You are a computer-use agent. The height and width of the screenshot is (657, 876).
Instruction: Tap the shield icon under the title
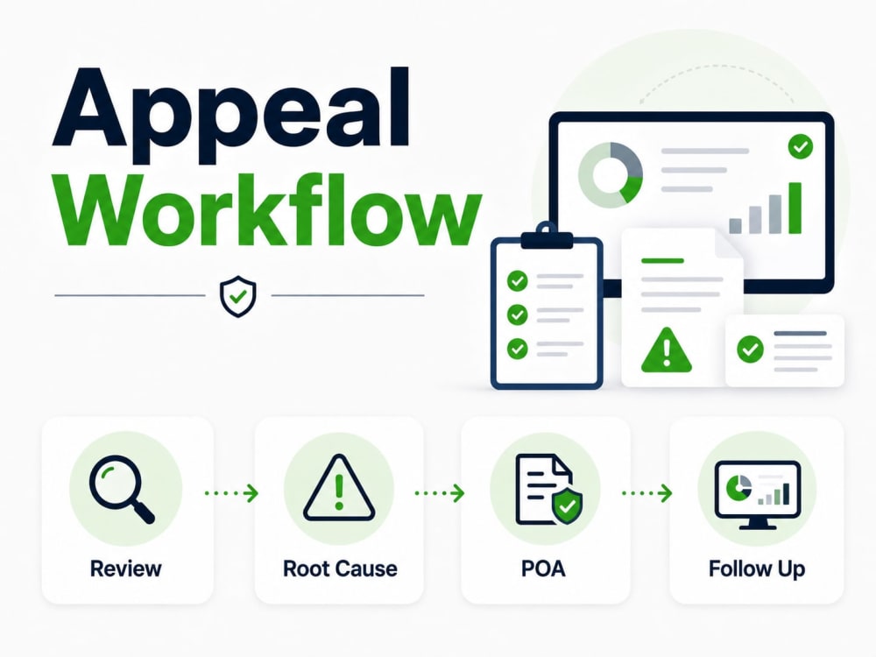[238, 296]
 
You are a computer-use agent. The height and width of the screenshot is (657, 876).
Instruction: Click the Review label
[125, 569]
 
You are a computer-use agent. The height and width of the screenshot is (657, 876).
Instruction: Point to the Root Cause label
[340, 569]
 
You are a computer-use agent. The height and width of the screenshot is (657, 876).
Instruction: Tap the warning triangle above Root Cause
[338, 488]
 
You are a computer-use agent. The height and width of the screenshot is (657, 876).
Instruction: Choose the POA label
[543, 569]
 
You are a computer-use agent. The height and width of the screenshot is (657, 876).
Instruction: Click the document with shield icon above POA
[548, 490]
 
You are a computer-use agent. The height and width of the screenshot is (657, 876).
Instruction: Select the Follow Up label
[757, 569]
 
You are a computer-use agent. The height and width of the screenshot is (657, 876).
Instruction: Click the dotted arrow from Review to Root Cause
[231, 492]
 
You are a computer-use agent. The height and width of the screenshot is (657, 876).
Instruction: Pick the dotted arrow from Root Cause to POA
[439, 492]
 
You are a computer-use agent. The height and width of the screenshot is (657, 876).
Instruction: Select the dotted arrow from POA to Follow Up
[647, 492]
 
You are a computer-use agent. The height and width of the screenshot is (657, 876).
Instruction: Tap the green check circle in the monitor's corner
[801, 146]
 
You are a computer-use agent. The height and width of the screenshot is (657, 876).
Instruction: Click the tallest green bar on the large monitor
[795, 208]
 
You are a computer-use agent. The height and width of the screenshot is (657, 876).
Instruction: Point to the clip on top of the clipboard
[547, 236]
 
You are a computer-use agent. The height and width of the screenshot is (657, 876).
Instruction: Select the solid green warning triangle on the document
[667, 350]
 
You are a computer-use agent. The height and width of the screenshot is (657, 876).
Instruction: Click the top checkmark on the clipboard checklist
[518, 280]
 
